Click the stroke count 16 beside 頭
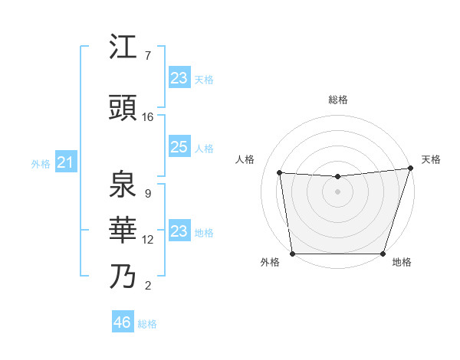(148, 117)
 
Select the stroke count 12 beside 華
(148, 240)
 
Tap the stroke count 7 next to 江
(147, 56)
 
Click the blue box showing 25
(179, 147)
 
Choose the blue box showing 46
(123, 322)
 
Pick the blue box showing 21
(65, 162)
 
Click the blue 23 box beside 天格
(179, 78)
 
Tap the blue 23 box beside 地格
(179, 231)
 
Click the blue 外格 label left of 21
(41, 163)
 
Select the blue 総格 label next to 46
(147, 324)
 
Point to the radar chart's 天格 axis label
(431, 159)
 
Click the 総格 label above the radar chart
(337, 100)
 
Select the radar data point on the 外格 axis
(292, 254)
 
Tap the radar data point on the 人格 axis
(280, 173)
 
